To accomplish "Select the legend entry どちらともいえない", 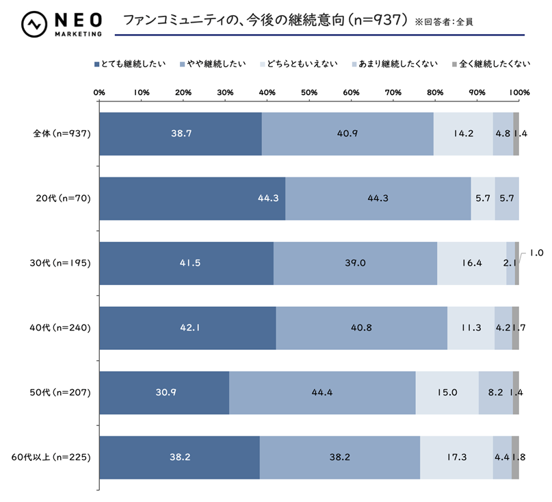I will click(302, 65).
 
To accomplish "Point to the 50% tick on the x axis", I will click(309, 92).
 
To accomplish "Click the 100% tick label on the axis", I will click(519, 92).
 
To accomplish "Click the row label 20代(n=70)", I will click(64, 198).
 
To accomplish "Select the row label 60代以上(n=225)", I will click(54, 457).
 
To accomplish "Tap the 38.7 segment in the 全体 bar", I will click(181, 133).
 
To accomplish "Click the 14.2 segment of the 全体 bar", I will click(463, 133).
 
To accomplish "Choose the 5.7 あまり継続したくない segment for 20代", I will click(507, 198).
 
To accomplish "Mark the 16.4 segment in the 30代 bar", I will click(471, 263).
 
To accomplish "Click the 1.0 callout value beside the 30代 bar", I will click(537, 253).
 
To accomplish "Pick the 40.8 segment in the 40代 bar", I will click(361, 327).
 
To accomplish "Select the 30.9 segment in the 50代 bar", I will click(164, 392).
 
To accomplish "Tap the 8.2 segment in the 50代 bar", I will click(495, 392).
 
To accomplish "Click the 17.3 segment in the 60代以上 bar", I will click(456, 457).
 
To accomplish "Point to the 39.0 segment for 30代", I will click(355, 263).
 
